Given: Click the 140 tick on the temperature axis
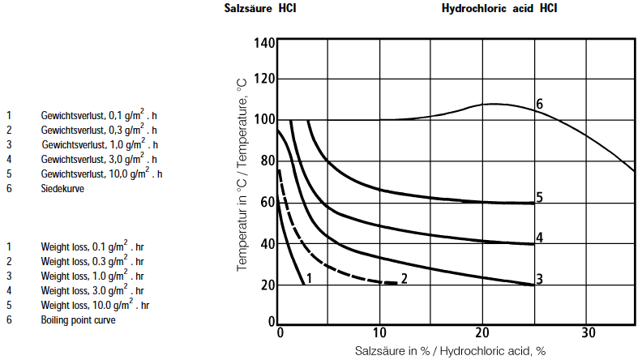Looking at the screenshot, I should pos(263,42).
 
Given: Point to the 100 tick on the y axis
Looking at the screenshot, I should pos(263,120).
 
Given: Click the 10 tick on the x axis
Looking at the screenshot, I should pos(380,332).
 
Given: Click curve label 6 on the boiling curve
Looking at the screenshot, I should pos(539,104).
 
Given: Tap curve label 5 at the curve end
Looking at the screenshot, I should pos(539,197).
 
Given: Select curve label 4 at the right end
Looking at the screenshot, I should pos(539,238).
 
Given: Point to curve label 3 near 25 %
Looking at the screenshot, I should pos(539,280).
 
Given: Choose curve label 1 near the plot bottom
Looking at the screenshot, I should pos(310,279).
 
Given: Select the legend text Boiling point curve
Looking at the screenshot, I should pos(78,319).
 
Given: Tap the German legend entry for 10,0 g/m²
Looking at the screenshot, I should pos(101,174).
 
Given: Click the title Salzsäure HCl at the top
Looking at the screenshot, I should pos(258,8).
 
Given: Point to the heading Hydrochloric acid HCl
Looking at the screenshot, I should pos(499,8).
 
